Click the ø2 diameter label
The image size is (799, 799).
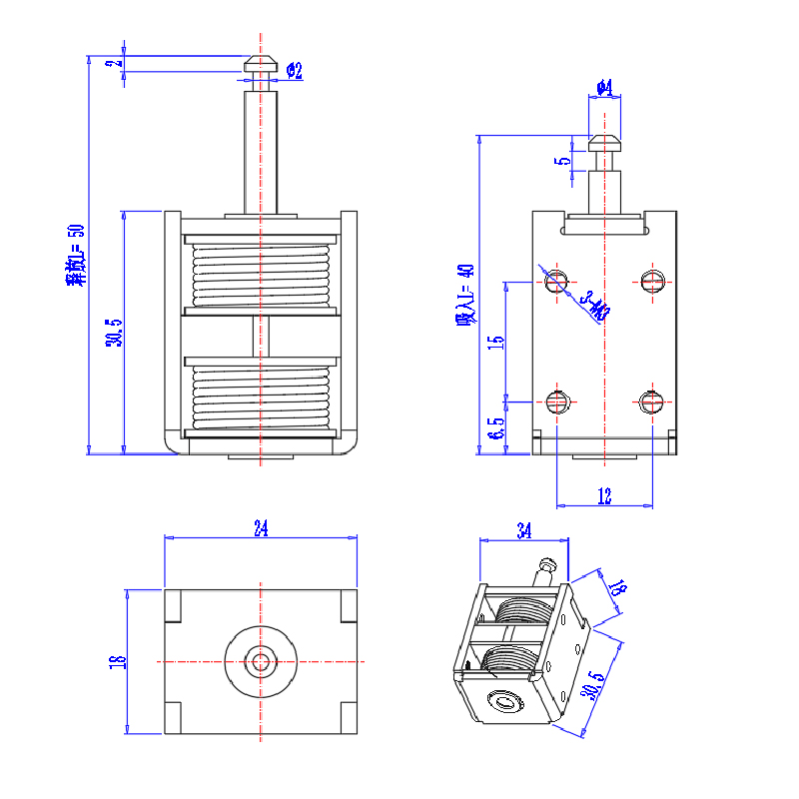pyautogui.click(x=294, y=70)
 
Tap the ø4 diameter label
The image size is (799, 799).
pyautogui.click(x=603, y=88)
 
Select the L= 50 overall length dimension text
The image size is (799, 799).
pyautogui.click(x=76, y=256)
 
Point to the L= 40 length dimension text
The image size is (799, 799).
pyautogui.click(x=465, y=295)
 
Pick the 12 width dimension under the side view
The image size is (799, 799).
pyautogui.click(x=604, y=495)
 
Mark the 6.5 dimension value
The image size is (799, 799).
pyautogui.click(x=495, y=429)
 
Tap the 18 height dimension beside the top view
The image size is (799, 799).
pyautogui.click(x=116, y=660)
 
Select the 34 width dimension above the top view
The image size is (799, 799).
pyautogui.click(x=261, y=529)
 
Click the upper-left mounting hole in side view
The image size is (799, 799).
pyautogui.click(x=557, y=281)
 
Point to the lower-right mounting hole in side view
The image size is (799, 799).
pyautogui.click(x=652, y=401)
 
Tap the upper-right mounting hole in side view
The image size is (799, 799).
pyautogui.click(x=652, y=281)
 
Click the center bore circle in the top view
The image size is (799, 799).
pyautogui.click(x=261, y=660)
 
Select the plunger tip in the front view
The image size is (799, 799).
pyautogui.click(x=261, y=64)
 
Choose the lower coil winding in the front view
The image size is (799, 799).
pyautogui.click(x=261, y=394)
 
